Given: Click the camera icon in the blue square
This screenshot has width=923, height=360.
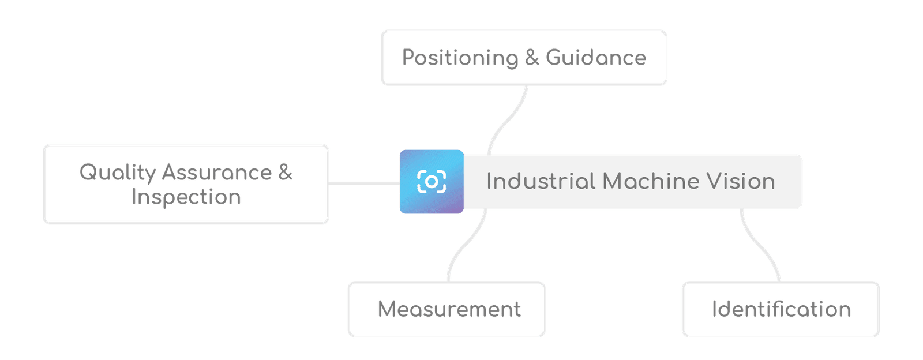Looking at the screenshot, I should (432, 182).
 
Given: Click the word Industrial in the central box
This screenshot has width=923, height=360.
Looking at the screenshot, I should (540, 181).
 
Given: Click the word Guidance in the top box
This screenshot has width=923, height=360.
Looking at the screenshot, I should (595, 58).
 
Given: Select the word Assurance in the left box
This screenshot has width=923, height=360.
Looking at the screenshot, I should (217, 172).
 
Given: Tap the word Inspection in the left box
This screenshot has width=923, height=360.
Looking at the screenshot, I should (186, 197).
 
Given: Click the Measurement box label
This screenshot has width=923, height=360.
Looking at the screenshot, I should (449, 309).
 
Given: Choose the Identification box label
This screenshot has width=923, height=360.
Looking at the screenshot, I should (782, 309).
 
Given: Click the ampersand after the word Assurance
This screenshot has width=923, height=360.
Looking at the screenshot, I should (286, 172).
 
